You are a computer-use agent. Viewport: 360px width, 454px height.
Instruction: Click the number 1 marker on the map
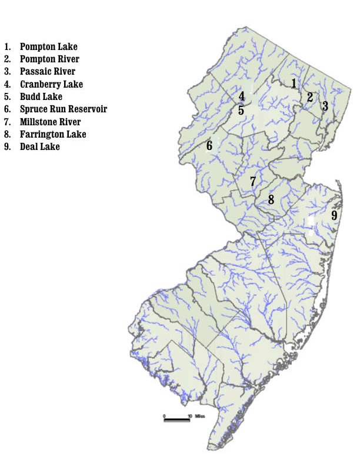point(294,83)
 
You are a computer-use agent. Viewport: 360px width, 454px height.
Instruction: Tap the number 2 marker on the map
point(310,97)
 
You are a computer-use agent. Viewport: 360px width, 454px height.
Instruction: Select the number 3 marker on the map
point(325,106)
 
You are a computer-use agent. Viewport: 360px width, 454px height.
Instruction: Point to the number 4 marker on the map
point(241,96)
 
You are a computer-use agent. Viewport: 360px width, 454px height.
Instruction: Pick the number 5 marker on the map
point(241,110)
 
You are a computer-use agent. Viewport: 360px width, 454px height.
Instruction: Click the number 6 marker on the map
point(209,145)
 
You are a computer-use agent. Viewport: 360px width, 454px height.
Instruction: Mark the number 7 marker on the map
point(253,181)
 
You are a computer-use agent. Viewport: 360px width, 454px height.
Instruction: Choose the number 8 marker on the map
point(271,199)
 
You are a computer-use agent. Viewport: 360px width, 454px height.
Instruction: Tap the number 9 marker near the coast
point(334,215)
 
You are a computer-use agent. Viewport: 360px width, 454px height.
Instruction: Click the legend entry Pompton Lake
point(48,46)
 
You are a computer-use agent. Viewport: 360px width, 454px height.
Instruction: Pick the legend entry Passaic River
point(48,72)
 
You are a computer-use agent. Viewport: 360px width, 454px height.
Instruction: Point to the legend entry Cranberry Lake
point(51,84)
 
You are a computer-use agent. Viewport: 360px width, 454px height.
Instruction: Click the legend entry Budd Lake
point(41,96)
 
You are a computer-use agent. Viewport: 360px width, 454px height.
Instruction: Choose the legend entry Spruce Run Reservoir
point(63,109)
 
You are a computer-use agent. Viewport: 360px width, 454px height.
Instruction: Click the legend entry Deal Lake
point(39,146)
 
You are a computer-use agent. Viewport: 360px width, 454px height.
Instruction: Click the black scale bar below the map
point(176,420)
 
